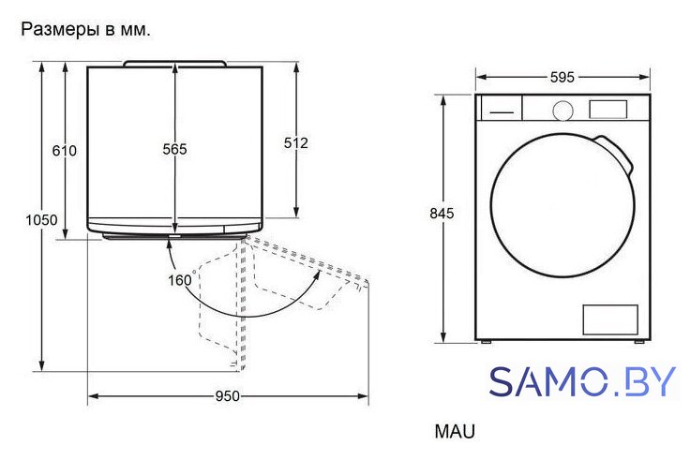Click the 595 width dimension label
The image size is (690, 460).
pos(562,78)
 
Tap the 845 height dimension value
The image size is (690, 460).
pos(442,214)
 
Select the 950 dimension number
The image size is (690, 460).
pos(228,396)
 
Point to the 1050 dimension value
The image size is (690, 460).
pos(41,220)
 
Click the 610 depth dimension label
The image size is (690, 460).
pos(65,151)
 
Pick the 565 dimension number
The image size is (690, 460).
pos(174,150)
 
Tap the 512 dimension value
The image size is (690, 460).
pos(295,143)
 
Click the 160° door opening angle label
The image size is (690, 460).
pos(181,280)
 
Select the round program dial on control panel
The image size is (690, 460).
pos(562,111)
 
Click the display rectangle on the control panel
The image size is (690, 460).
pos(608,110)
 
